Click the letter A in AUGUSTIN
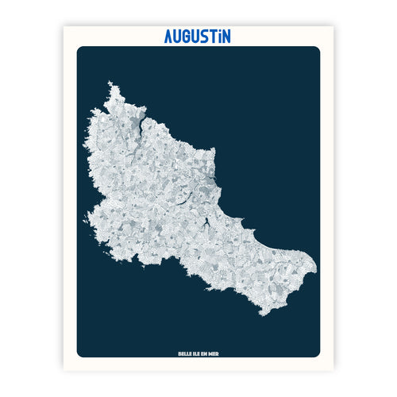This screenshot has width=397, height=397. [x=169, y=37]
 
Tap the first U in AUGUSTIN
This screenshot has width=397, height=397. [x=179, y=37]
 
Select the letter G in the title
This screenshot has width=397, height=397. [x=191, y=37]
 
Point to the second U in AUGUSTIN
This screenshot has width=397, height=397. [x=202, y=37]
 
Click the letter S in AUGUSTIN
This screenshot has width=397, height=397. [x=211, y=37]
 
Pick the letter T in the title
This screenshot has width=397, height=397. [x=220, y=37]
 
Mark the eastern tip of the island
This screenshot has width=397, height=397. [x=316, y=265]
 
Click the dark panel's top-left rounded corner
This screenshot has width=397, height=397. [x=80, y=50]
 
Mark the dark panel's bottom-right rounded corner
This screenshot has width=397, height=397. [x=317, y=354]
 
